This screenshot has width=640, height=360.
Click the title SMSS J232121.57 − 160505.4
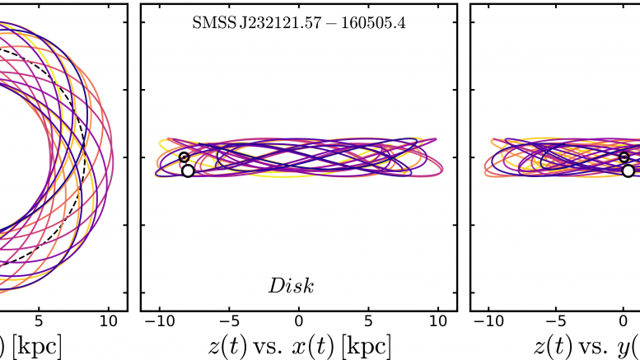[298, 23]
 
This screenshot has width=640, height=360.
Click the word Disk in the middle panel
[291, 286]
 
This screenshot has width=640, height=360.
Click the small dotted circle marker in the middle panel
[184, 157]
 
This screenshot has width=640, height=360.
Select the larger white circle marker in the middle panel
[188, 171]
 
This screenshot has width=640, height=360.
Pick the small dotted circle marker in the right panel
[624, 157]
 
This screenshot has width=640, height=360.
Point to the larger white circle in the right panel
[628, 171]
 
